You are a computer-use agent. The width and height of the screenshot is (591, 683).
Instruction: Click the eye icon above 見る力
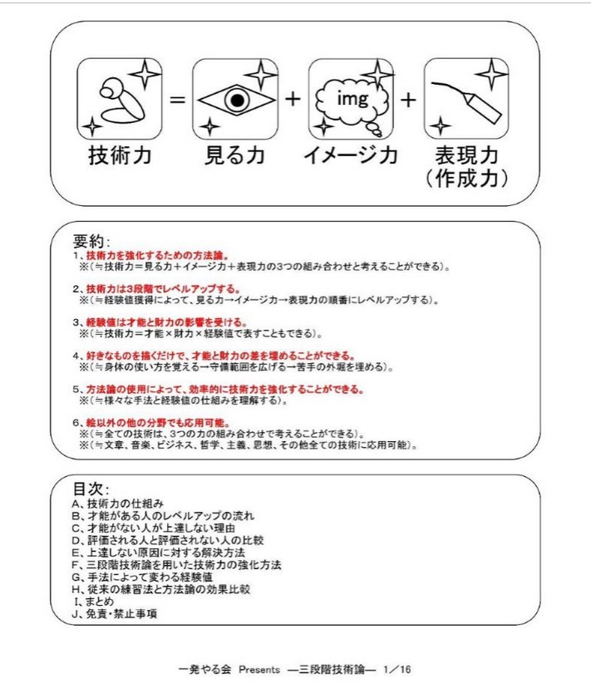(x=234, y=100)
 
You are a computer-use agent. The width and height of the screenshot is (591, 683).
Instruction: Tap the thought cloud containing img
(x=350, y=100)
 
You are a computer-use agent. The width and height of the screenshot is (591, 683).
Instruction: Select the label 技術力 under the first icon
(x=120, y=155)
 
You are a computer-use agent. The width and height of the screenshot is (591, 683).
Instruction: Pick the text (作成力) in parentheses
(x=466, y=178)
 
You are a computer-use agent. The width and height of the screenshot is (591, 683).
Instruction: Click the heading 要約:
(x=92, y=241)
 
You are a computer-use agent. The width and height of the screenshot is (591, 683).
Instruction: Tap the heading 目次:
(x=92, y=489)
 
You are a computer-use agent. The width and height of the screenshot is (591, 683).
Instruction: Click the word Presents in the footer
(x=259, y=667)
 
